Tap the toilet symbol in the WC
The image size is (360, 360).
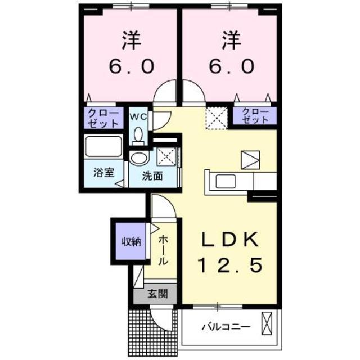138,134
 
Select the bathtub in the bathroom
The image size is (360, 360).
103,148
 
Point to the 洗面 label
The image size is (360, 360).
152,175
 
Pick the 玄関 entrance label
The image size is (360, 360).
157,292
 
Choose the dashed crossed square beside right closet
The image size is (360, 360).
215,116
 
